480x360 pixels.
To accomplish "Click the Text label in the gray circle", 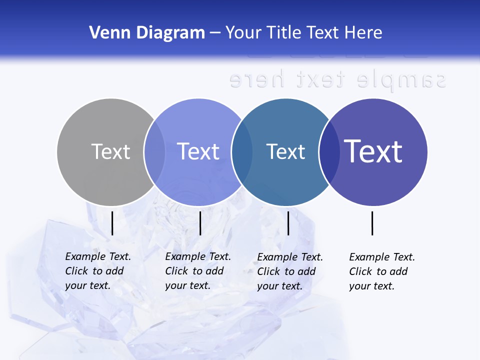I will click(x=110, y=151).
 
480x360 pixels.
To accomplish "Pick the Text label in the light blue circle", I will click(x=198, y=151).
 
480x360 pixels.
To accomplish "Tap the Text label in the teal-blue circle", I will click(x=286, y=151).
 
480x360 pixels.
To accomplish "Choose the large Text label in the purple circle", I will click(x=373, y=151).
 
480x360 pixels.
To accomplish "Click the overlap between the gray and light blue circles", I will click(x=154, y=152).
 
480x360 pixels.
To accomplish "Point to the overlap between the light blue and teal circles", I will click(x=242, y=152).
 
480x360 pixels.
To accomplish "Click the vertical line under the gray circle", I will click(x=112, y=223).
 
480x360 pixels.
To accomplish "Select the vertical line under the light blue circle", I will click(x=200, y=223).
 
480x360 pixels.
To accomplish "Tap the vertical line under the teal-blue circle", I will click(x=288, y=223).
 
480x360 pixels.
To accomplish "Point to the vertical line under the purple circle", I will click(x=372, y=223).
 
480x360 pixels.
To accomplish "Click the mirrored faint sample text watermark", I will click(x=337, y=79).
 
